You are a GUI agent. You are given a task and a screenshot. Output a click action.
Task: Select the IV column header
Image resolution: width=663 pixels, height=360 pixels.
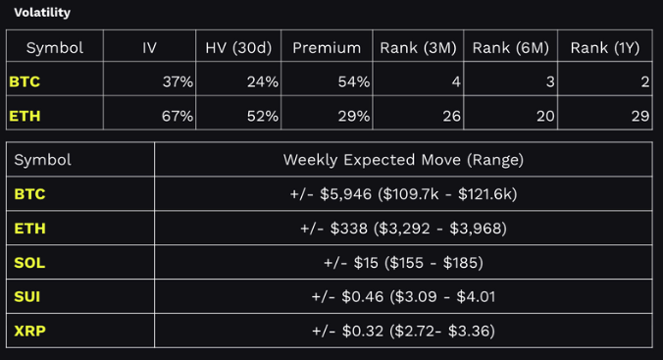coord(149,47)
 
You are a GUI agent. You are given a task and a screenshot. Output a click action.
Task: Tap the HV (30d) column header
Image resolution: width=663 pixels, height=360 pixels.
coord(238,47)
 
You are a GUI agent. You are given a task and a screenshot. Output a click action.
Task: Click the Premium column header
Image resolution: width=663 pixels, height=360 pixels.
coord(326,47)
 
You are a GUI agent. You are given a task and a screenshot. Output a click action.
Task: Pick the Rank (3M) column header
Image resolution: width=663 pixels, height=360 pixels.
coord(419,47)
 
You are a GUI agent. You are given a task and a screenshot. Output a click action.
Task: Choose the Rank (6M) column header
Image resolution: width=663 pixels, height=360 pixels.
coord(511,47)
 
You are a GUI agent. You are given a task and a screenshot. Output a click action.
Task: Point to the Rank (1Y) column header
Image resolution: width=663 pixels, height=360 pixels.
coord(605,47)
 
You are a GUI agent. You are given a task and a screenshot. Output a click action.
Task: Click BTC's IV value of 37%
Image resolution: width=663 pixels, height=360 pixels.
coord(178,82)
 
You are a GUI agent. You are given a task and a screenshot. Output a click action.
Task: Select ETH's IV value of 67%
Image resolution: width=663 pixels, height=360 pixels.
coord(178,117)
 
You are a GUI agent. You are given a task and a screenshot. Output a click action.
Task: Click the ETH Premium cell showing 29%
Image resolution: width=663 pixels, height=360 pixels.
coord(353,117)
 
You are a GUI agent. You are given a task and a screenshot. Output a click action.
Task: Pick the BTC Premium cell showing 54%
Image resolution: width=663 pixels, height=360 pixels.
coord(353,82)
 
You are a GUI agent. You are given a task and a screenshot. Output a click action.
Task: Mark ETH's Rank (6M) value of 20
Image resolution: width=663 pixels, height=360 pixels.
coord(545,117)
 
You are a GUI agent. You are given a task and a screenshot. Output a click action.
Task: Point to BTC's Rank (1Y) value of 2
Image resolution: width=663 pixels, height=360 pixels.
coord(644,82)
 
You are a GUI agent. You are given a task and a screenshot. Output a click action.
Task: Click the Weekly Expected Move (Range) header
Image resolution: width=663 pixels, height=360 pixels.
coord(403,159)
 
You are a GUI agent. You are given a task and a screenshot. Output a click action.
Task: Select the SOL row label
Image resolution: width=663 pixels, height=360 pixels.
coord(29,263)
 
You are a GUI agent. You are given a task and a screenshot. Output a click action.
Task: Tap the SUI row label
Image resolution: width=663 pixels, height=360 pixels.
coord(28,296)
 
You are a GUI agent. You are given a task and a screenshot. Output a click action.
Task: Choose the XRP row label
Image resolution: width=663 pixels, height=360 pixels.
coord(29,331)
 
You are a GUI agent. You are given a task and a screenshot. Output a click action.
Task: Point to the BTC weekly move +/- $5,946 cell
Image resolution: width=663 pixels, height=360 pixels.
coord(403,194)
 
